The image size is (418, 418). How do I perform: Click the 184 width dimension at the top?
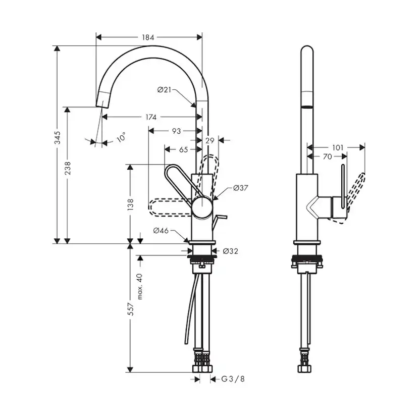[148, 37]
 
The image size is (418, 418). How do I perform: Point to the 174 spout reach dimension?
[150, 117]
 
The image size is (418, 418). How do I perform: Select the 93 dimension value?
[176, 131]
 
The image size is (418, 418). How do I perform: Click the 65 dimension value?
[183, 149]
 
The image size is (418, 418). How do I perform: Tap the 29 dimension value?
[211, 140]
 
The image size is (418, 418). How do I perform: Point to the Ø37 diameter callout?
[241, 188]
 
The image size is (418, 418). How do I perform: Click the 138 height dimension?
[130, 203]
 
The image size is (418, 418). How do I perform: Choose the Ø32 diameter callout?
[230, 251]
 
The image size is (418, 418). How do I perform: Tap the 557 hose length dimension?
[130, 309]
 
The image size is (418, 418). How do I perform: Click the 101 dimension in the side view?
[338, 147]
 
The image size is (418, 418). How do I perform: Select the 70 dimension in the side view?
[327, 157]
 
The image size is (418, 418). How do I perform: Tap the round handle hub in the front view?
[202, 207]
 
